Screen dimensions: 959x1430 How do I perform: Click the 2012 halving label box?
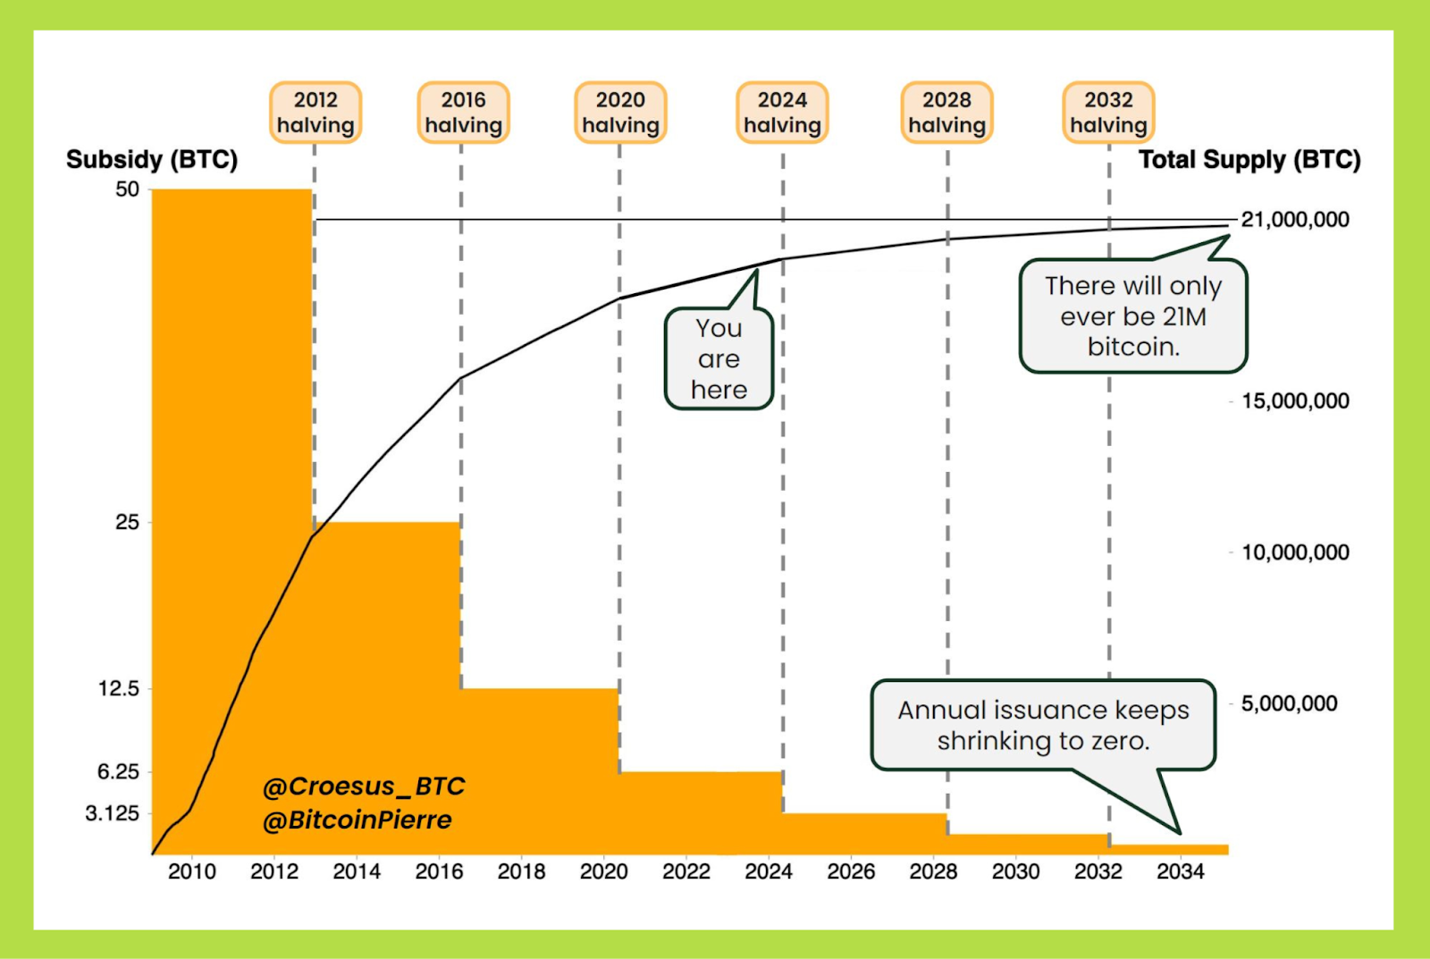[x=315, y=113]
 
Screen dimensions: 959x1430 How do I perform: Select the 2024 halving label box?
[x=782, y=113]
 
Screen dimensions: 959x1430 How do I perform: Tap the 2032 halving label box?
[x=1108, y=113]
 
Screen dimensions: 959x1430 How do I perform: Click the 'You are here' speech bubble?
[x=719, y=359]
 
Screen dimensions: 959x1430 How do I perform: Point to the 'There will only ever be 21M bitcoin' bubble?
[x=1132, y=316]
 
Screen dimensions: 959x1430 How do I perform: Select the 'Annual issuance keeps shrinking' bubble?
[x=1043, y=725]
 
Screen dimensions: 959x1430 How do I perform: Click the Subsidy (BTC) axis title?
[x=152, y=160]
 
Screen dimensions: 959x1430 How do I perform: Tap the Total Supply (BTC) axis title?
[x=1249, y=160]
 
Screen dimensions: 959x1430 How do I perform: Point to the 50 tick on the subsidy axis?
[x=128, y=189]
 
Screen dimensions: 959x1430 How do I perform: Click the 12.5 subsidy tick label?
[x=119, y=689]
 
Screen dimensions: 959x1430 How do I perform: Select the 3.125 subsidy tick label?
[x=113, y=813]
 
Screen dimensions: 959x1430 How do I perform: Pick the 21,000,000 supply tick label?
[x=1295, y=220]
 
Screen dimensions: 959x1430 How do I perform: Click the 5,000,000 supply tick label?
[x=1289, y=703]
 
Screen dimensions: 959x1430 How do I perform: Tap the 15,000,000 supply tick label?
[x=1295, y=400]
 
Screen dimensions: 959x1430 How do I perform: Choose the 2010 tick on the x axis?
[x=192, y=871]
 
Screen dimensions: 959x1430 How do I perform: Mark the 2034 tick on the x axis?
[x=1180, y=871]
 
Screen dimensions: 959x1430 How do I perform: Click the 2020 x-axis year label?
[x=604, y=871]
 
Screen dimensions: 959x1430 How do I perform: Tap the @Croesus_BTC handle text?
[x=364, y=787]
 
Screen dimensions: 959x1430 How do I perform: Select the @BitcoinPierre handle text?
[x=357, y=820]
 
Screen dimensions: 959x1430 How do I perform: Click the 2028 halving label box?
[x=946, y=113]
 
